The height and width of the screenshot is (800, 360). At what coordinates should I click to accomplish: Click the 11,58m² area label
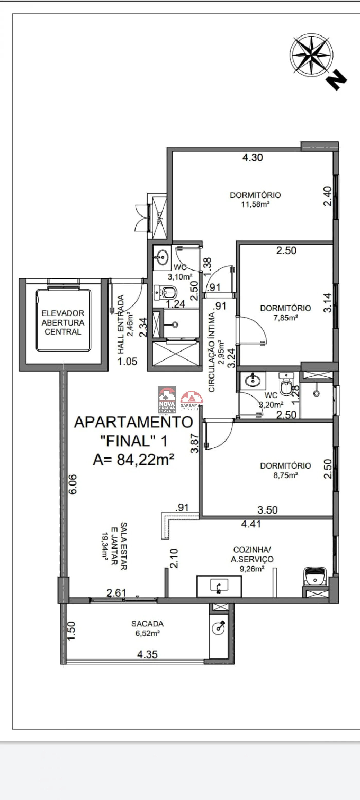pos(255,204)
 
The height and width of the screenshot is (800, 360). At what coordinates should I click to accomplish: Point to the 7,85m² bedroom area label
pos(285,318)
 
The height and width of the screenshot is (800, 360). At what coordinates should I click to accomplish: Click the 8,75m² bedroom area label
pos(285,475)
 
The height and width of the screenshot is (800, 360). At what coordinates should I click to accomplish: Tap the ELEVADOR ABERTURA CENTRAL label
pos(63,322)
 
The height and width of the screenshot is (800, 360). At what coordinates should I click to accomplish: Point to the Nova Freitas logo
pos(167,400)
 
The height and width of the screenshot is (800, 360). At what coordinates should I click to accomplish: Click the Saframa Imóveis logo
pos(191,401)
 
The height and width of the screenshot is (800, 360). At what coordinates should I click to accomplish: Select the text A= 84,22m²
pos(133,460)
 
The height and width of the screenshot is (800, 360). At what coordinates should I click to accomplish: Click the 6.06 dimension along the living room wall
pos(72,484)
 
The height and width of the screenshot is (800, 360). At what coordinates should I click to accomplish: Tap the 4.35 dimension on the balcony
pos(147,654)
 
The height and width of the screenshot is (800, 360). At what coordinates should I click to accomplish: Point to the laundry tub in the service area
pos(315,576)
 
